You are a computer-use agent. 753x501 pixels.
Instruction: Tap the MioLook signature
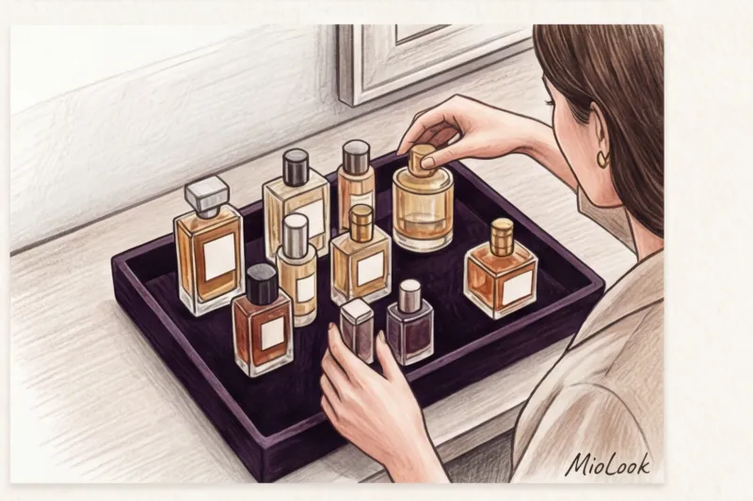608,464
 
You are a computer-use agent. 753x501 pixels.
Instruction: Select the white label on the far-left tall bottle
219,257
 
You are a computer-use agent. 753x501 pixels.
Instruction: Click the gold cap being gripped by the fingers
421,157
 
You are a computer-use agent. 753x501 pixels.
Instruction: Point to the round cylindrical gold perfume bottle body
423,210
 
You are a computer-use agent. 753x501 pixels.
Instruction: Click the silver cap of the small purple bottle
409,295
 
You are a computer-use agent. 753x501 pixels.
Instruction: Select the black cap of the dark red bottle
262,284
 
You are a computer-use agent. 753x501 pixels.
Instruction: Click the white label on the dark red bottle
272,333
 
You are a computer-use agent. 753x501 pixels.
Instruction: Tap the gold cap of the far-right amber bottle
503,237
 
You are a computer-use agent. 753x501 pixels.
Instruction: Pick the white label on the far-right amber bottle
516,286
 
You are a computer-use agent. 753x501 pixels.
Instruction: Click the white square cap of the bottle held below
357,310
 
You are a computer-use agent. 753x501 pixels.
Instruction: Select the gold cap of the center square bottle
361,222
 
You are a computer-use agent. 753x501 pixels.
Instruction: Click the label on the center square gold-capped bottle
370,269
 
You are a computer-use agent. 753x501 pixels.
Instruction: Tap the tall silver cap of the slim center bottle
296,230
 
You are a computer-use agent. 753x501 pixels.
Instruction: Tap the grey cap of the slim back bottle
356,157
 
